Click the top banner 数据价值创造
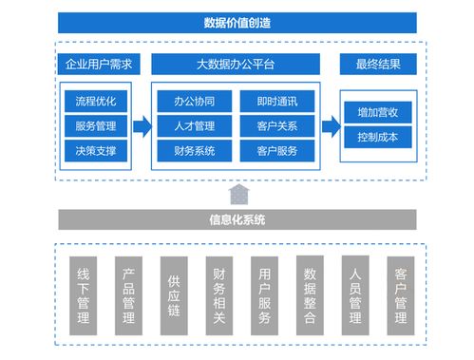coord(237,23)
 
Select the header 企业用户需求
coord(98,66)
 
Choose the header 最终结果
coord(377,66)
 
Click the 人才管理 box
coord(194,125)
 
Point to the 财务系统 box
coord(194,150)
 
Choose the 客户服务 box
coord(275,150)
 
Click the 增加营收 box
coord(377,112)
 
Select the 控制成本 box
coord(377,137)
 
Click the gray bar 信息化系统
coord(237,219)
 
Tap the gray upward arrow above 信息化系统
coord(237,193)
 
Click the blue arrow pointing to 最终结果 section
coord(331,125)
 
